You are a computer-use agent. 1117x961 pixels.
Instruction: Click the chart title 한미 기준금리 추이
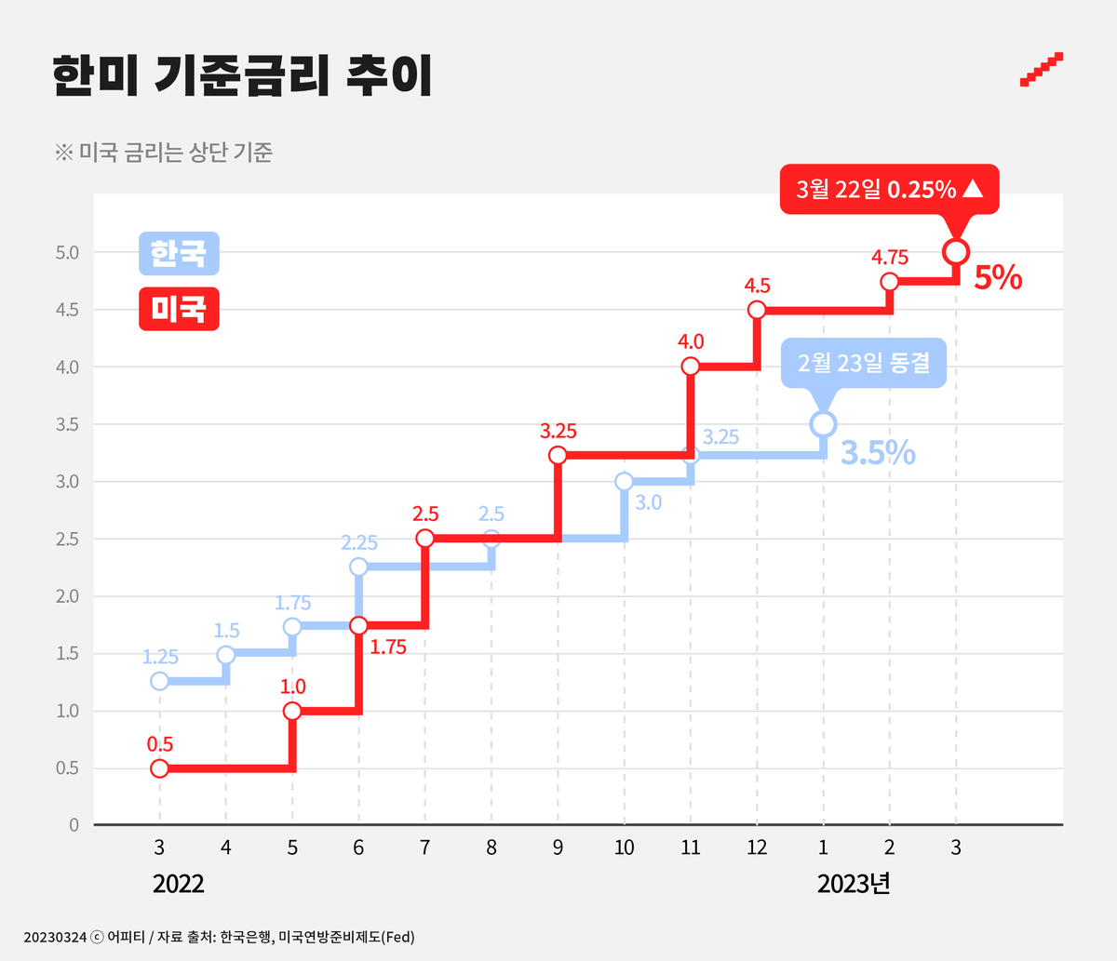pyautogui.click(x=242, y=75)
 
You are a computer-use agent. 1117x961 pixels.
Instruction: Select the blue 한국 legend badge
pyautogui.click(x=179, y=253)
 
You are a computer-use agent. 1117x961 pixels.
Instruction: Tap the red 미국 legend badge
pyautogui.click(x=179, y=309)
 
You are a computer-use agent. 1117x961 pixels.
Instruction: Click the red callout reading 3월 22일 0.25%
pyautogui.click(x=889, y=190)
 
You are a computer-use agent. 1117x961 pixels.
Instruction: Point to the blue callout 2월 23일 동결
pyautogui.click(x=863, y=362)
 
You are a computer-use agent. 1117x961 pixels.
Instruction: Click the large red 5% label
pyautogui.click(x=998, y=278)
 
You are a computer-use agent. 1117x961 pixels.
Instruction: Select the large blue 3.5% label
pyautogui.click(x=878, y=452)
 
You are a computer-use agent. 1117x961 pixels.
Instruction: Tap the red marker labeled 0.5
pyautogui.click(x=159, y=768)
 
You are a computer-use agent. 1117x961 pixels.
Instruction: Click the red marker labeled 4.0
pyautogui.click(x=690, y=367)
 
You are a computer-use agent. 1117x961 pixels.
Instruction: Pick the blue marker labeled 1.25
pyautogui.click(x=159, y=681)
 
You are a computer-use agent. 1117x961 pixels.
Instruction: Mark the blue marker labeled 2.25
pyautogui.click(x=358, y=567)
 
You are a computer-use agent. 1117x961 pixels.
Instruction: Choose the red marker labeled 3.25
pyautogui.click(x=558, y=455)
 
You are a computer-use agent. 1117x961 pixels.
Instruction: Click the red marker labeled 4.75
pyautogui.click(x=889, y=282)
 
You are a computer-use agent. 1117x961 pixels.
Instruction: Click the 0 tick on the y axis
pyautogui.click(x=74, y=825)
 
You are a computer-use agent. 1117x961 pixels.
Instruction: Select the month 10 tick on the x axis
pyautogui.click(x=624, y=848)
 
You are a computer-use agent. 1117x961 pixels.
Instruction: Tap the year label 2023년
pyautogui.click(x=854, y=884)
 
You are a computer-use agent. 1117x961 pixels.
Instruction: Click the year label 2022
pyautogui.click(x=178, y=884)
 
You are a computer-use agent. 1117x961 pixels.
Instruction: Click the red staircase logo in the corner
pyautogui.click(x=1042, y=70)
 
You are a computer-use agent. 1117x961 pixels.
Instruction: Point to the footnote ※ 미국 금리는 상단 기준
pyautogui.click(x=163, y=152)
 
